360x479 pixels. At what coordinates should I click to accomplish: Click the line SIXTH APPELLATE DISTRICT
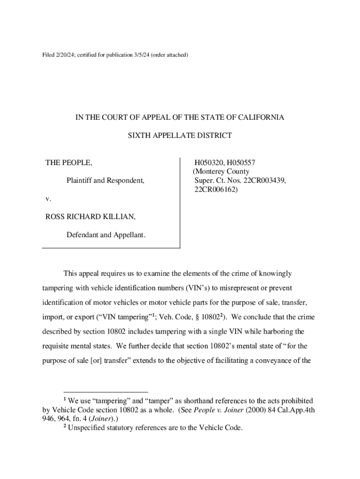[180, 136]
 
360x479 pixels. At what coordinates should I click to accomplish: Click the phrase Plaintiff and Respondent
[105, 180]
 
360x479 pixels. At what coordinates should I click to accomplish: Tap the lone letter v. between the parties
[48, 198]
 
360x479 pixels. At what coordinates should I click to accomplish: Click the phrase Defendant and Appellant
[106, 235]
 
